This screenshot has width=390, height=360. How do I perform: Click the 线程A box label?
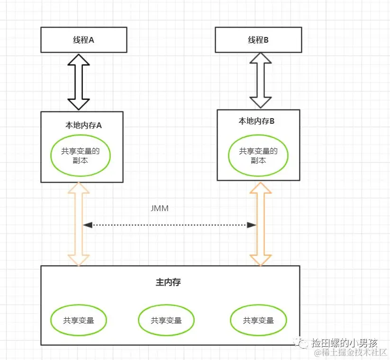[83, 40]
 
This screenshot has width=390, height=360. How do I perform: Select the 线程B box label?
[258, 40]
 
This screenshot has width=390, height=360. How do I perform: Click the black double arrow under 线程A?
[79, 82]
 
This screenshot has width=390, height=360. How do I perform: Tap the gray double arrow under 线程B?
[261, 80]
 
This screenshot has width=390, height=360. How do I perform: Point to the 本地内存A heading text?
[83, 126]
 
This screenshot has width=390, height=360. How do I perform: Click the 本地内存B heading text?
[256, 121]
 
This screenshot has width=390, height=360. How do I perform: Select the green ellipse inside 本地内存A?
[81, 155]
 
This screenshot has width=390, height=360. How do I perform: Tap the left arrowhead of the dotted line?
[88, 225]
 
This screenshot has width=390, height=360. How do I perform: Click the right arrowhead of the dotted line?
[252, 225]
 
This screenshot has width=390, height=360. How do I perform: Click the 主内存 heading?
[168, 282]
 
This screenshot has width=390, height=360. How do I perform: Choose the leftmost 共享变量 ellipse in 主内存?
[79, 320]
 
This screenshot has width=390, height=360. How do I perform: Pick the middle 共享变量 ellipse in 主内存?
[166, 320]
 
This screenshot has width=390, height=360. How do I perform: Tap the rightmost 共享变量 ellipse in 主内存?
[258, 320]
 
